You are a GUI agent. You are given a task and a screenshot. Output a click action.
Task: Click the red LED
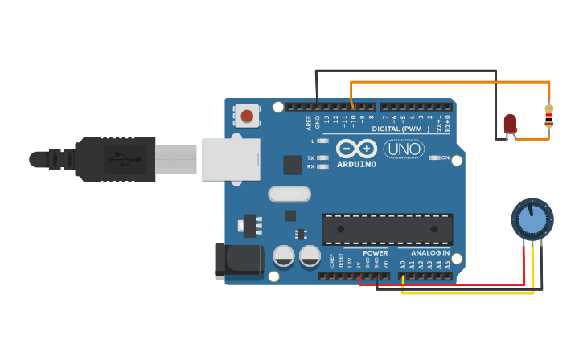point(510,124)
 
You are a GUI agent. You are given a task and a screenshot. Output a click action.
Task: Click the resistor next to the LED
point(549,117)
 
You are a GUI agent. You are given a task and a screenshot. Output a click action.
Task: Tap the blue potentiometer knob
point(532,219)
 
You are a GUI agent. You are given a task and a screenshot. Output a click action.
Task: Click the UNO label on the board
point(404,149)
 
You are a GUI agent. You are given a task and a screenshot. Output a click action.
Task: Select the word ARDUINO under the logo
point(356,164)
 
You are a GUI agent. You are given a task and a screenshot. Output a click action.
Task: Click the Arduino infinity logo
point(356,149)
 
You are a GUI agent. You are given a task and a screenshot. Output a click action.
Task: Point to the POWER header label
point(375,253)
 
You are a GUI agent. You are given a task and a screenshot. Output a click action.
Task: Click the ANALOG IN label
point(430,253)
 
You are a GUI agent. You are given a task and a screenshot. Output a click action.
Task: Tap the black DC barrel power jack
point(238,262)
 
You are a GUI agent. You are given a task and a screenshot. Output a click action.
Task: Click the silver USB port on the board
point(231,159)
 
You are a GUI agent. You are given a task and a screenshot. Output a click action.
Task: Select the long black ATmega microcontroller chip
point(387,229)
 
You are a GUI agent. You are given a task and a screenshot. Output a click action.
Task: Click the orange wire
point(450,82)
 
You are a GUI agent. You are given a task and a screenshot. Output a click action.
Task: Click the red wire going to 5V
point(450,284)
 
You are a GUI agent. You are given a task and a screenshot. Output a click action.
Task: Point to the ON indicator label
point(445,157)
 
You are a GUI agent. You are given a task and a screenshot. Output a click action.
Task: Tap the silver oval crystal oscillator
point(289,194)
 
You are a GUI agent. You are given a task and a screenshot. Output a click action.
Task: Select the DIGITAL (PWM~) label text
point(400,129)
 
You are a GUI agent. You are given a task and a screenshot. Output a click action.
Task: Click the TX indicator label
point(310,157)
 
